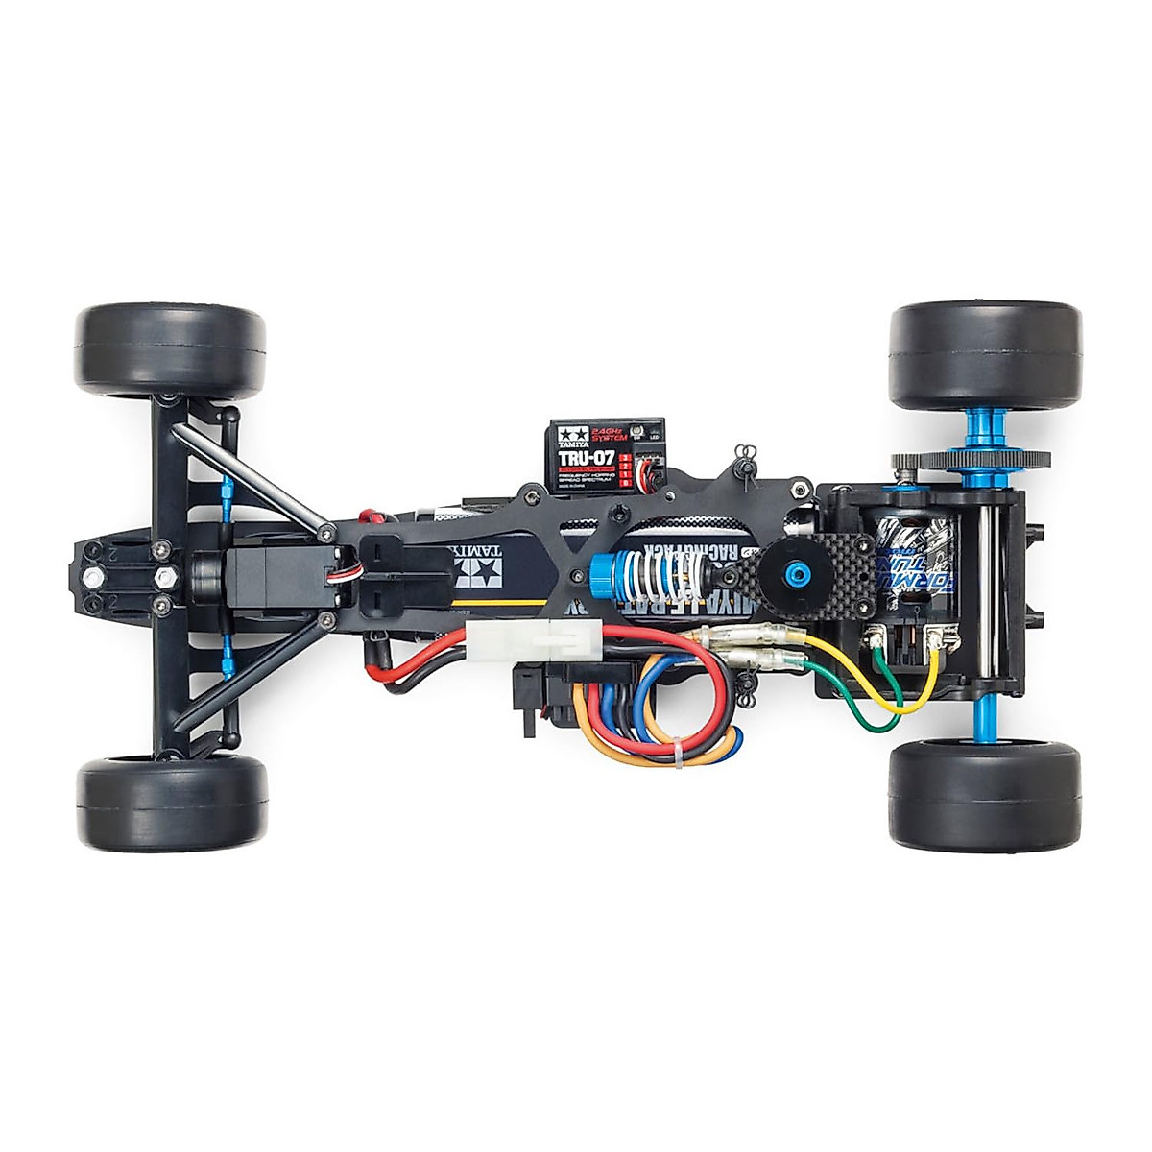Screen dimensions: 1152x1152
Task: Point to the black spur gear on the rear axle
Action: point(970,459)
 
